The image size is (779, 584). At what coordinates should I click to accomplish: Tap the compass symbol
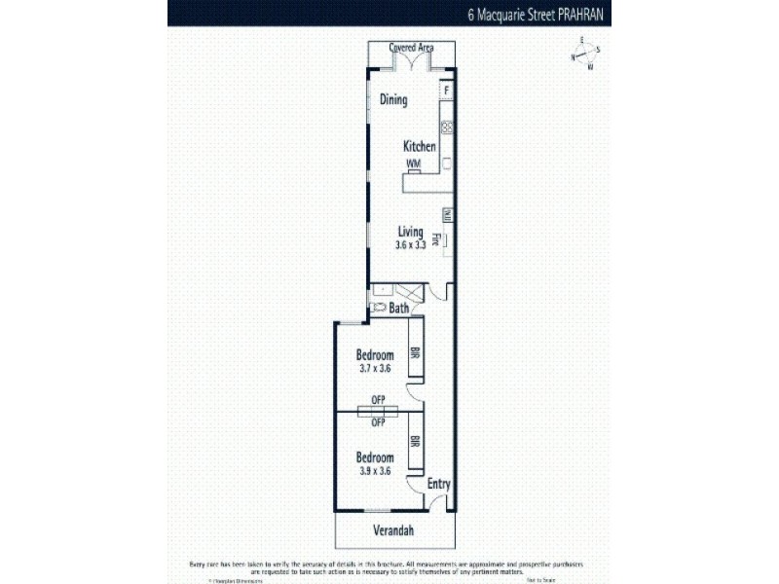(x=584, y=55)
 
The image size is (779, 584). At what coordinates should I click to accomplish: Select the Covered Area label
(x=411, y=47)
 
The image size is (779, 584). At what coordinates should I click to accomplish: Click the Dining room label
(x=393, y=100)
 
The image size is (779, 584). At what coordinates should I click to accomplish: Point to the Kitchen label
(x=420, y=147)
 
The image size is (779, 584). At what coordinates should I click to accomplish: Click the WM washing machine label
(x=413, y=164)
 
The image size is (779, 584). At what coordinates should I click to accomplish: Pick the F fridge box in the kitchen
(x=447, y=91)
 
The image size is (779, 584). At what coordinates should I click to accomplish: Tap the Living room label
(x=411, y=231)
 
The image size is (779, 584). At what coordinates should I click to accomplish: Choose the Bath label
(x=398, y=309)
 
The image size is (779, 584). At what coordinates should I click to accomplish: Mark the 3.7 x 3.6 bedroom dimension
(x=375, y=368)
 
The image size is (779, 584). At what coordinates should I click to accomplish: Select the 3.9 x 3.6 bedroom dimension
(x=375, y=470)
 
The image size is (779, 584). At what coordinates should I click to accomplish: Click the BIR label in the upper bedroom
(x=415, y=355)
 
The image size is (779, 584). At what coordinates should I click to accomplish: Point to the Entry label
(x=440, y=484)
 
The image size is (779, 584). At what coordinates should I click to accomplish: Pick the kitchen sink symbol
(x=447, y=127)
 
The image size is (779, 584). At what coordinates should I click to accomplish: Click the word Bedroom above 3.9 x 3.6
(x=375, y=457)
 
